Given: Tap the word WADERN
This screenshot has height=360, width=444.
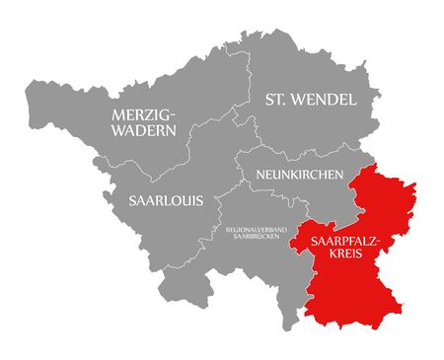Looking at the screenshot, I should [144, 129].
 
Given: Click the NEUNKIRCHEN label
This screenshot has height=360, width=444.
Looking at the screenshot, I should [299, 175].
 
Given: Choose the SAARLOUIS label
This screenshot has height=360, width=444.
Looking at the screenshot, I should [166, 200].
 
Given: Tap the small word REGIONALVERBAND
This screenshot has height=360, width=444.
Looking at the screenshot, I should [257, 230].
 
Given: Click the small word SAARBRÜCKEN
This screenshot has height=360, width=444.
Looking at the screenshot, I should [257, 238].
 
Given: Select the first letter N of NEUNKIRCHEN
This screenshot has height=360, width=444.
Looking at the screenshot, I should [259, 175].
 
